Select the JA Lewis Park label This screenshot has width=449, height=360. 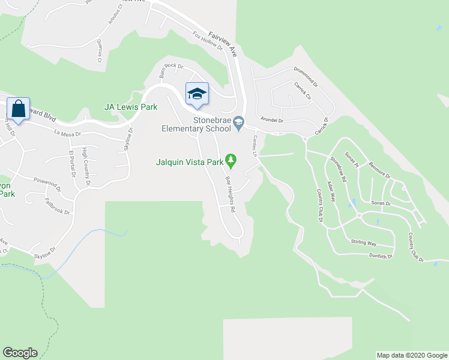[131, 107]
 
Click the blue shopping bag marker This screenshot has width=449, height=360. [19, 109]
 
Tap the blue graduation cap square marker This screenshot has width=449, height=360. [197, 94]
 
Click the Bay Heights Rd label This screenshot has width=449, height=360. [230, 193]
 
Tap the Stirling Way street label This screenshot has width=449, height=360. [363, 243]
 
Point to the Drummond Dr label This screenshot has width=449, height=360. [306, 77]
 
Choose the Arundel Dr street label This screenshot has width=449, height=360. [271, 120]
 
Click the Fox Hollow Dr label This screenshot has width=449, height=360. [208, 41]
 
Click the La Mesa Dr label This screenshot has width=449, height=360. [67, 133]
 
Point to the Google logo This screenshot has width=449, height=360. [20, 353]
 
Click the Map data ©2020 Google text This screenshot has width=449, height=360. [412, 355]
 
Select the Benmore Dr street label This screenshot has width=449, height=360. [379, 169]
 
